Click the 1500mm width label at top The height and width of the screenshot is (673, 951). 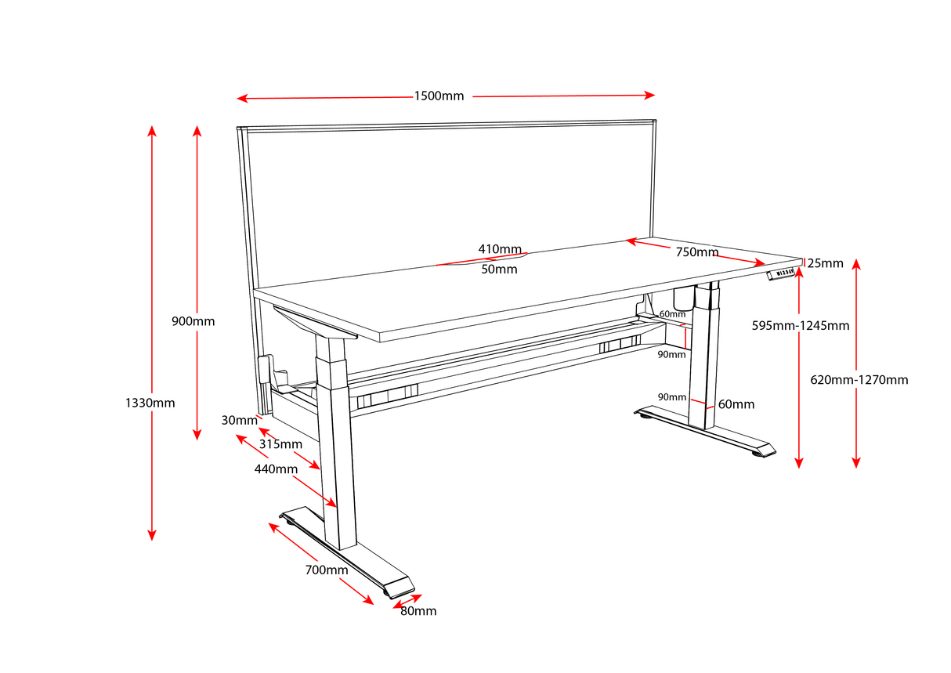[439, 96]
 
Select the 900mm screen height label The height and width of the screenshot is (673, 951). [193, 321]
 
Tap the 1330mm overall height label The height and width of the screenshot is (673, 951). [150, 403]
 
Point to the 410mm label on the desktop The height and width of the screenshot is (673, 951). [500, 249]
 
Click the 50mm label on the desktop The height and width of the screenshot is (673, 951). [499, 269]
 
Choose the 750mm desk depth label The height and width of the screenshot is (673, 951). [696, 252]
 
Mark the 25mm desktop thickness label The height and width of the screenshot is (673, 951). [825, 263]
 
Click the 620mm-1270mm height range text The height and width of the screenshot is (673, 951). [859, 379]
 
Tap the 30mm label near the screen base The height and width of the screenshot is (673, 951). [239, 420]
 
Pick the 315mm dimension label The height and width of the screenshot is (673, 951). [280, 444]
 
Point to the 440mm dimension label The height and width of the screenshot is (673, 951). [275, 469]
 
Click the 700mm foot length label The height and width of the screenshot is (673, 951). [326, 570]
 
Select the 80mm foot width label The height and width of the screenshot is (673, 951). [418, 611]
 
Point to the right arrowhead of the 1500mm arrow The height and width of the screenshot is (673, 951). [649, 95]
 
